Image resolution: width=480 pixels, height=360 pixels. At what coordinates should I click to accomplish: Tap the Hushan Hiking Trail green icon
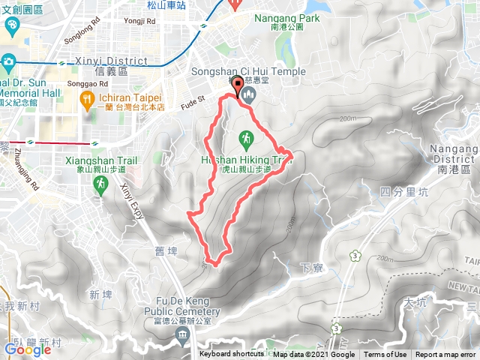(244, 138)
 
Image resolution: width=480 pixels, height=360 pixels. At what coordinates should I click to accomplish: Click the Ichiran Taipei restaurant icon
(88, 98)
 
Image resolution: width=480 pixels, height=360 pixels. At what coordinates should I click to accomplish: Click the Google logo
(28, 349)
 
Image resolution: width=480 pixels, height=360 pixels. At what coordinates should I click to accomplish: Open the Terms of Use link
(385, 355)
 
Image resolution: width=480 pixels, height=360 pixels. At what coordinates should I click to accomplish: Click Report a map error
(447, 355)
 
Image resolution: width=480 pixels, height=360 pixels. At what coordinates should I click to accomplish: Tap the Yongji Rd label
(140, 21)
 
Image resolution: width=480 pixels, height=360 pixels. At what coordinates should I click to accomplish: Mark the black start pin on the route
(238, 86)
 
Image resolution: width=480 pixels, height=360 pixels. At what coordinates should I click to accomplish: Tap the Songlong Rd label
(82, 34)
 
